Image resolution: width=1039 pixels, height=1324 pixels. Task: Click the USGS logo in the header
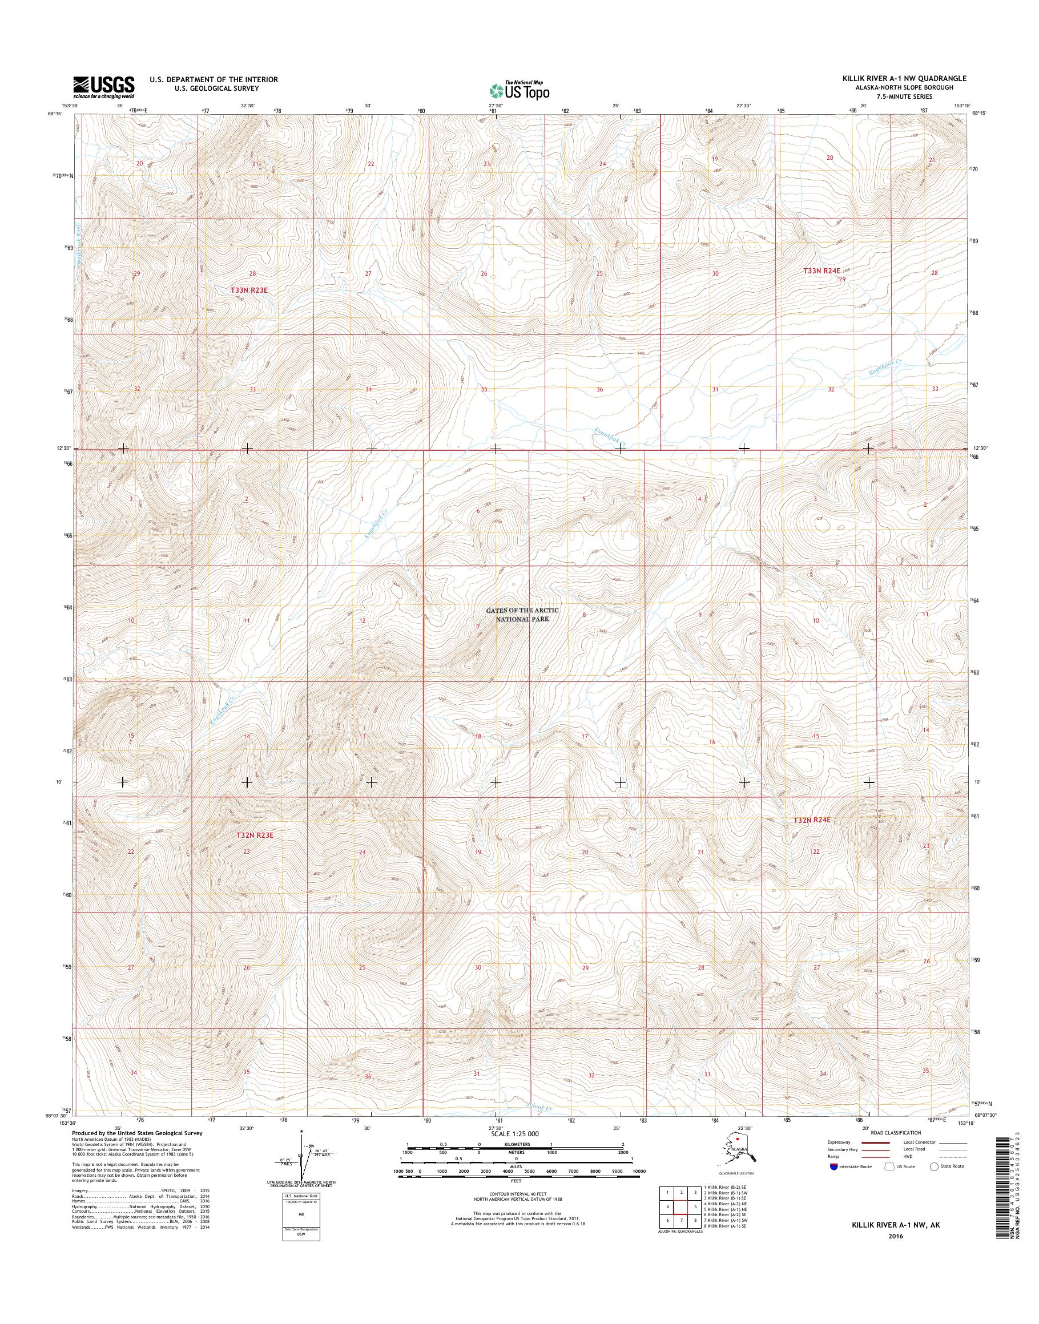pyautogui.click(x=103, y=87)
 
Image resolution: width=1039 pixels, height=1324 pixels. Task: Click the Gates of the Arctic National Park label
pyautogui.click(x=521, y=614)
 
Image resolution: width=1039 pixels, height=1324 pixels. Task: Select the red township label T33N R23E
pyautogui.click(x=249, y=290)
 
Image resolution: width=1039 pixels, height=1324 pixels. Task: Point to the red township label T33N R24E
pyautogui.click(x=824, y=270)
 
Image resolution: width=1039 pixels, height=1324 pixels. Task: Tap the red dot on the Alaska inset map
pyautogui.click(x=738, y=1145)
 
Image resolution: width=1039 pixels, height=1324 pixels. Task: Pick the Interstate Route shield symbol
pyautogui.click(x=833, y=1166)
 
